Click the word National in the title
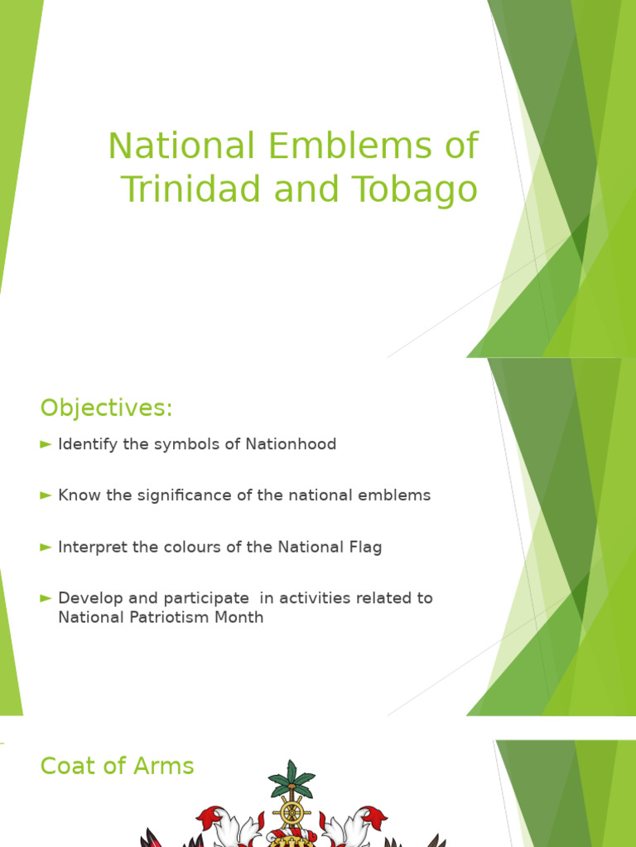coord(181,146)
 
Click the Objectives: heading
coord(106,408)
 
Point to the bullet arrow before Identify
coord(46,444)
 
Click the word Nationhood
coord(291,444)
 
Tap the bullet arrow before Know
coord(46,495)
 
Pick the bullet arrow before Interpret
coord(46,547)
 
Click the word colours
coord(203,547)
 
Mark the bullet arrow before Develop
coord(46,598)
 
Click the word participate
coord(210,598)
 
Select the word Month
coord(241,617)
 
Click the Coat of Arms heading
coord(117,766)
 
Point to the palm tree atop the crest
coord(291,778)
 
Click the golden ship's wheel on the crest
coord(291,813)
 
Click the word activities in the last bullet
coord(317,598)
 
